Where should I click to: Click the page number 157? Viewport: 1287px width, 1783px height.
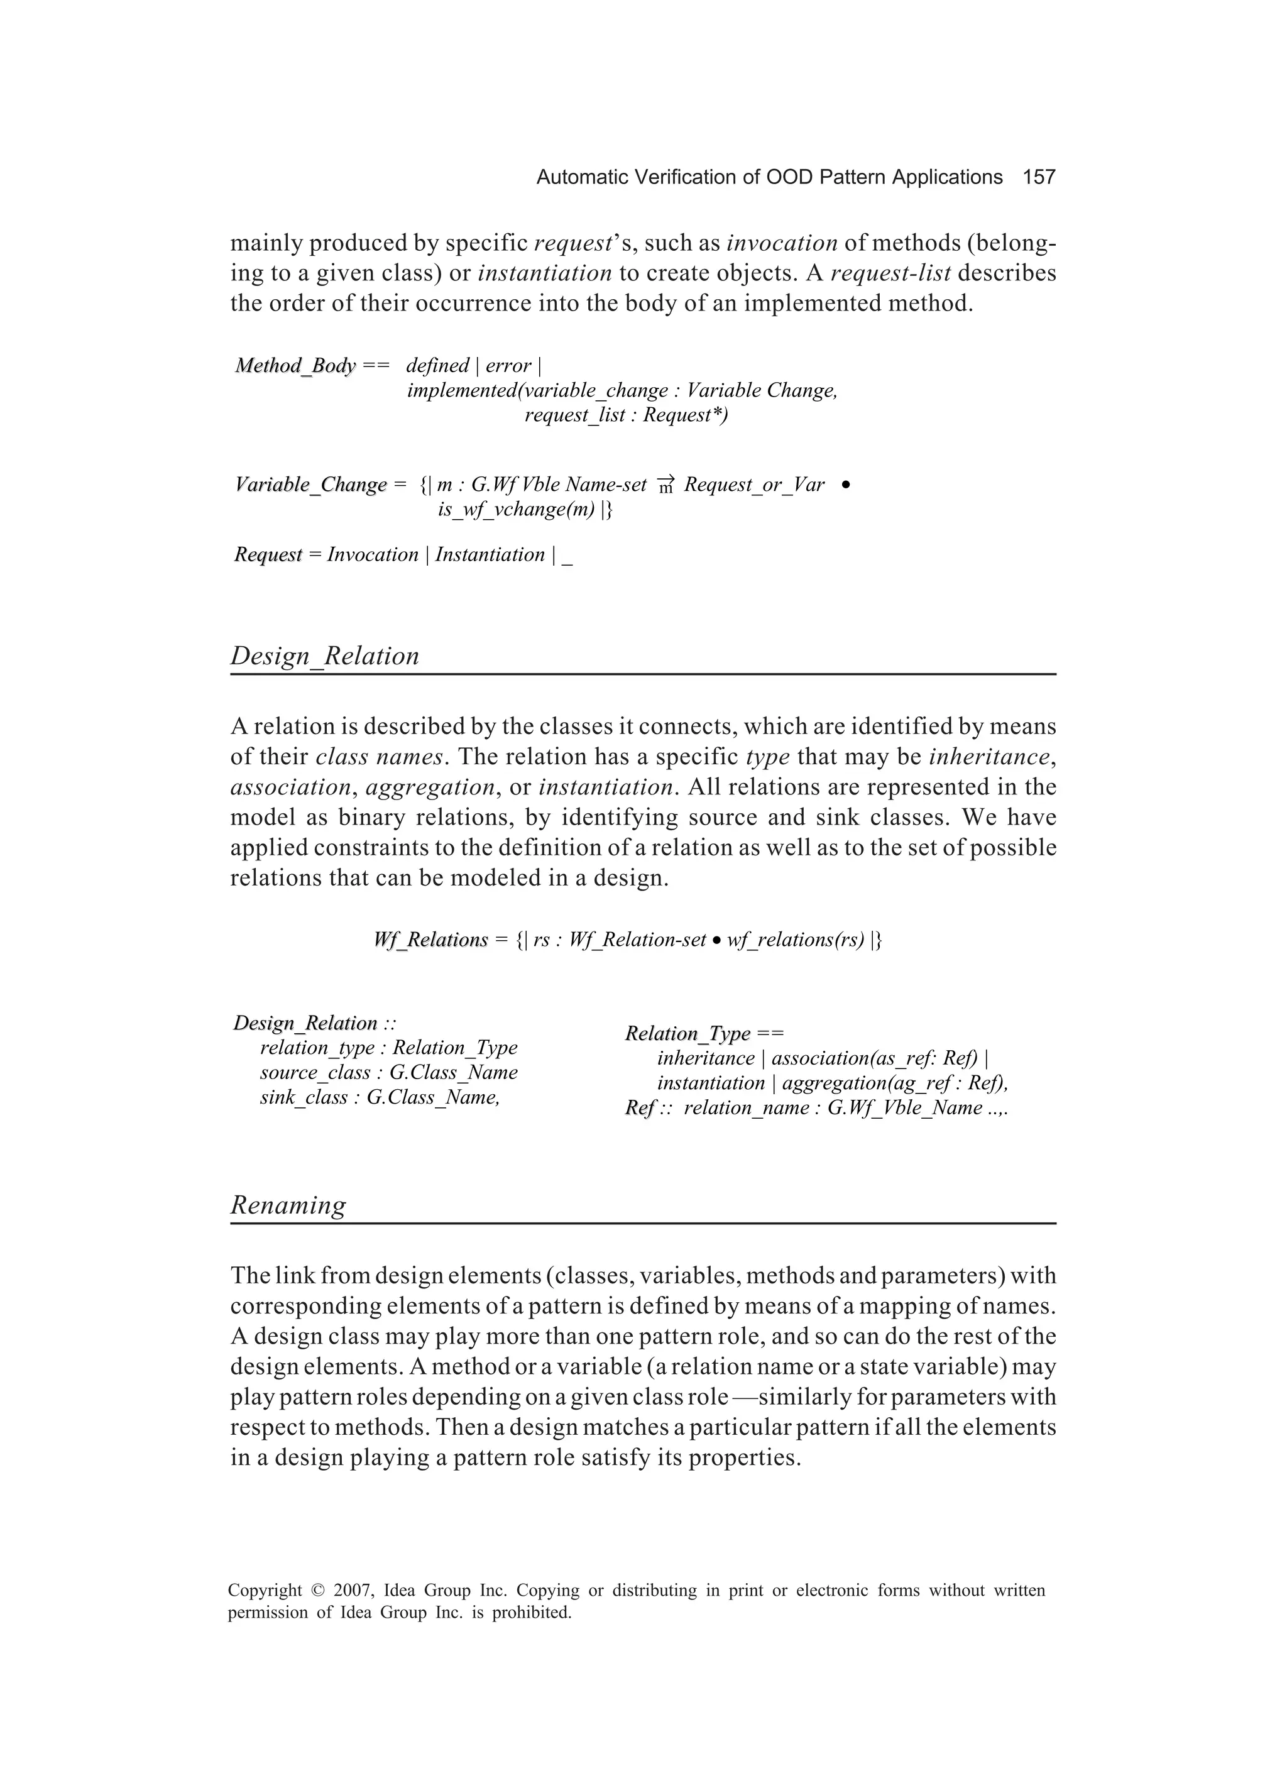pyautogui.click(x=1039, y=178)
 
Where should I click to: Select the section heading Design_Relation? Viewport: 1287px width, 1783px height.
pyautogui.click(x=325, y=656)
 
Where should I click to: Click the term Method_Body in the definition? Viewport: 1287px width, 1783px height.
pyautogui.click(x=295, y=366)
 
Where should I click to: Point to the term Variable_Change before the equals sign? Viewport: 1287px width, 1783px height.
pyautogui.click(x=310, y=485)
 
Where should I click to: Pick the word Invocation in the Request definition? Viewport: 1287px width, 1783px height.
pyautogui.click(x=373, y=554)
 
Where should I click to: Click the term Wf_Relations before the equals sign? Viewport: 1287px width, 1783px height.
pyautogui.click(x=431, y=940)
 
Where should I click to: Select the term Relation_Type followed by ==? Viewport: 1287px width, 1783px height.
pyautogui.click(x=687, y=1033)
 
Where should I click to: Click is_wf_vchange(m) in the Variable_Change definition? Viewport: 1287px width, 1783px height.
pyautogui.click(x=516, y=510)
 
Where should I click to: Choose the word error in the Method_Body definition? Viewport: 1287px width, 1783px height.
pyautogui.click(x=508, y=366)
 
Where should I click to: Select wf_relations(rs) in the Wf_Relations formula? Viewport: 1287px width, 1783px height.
pyautogui.click(x=796, y=940)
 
